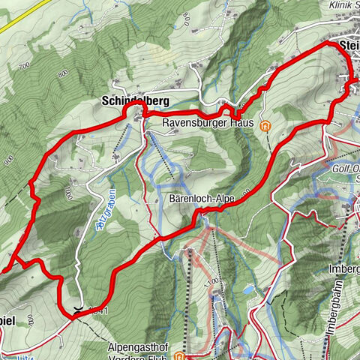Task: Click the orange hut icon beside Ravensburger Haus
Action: pyautogui.click(x=265, y=126)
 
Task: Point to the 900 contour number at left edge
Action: pyautogui.click(x=10, y=160)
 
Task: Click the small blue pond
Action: pyautogui.click(x=248, y=289)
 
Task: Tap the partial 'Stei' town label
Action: pyautogui.click(x=349, y=46)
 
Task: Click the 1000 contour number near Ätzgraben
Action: pyautogui.click(x=67, y=194)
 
